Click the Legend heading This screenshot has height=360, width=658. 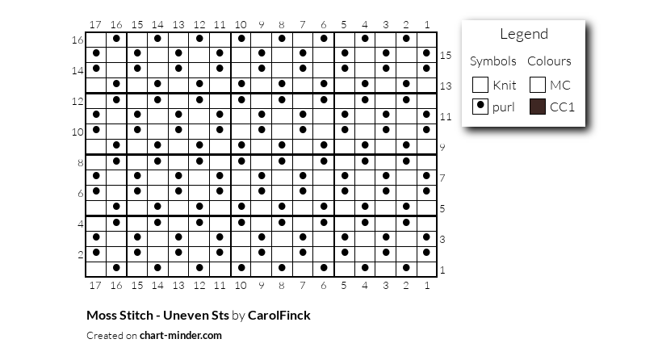(524, 34)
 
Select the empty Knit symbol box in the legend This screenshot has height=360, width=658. (480, 85)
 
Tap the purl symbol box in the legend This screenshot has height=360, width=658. (480, 107)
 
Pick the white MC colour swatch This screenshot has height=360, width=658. (538, 85)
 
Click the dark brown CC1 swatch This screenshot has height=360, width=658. (538, 107)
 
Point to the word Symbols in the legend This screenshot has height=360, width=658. (493, 61)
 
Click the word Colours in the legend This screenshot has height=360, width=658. (549, 61)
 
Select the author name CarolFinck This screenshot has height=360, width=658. (279, 315)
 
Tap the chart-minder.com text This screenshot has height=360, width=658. (181, 335)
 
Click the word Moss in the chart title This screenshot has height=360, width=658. (100, 315)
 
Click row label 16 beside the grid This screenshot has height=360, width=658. (78, 40)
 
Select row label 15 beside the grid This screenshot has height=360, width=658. (446, 56)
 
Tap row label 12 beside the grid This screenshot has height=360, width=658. (78, 102)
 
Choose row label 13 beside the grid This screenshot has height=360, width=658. (446, 86)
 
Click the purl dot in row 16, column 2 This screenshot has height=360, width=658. (406, 38)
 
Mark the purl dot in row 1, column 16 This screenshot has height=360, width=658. (116, 267)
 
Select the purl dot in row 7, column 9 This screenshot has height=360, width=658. (262, 175)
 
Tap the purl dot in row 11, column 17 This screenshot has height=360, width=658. (96, 114)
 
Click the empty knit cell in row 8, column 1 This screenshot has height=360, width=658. (427, 162)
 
